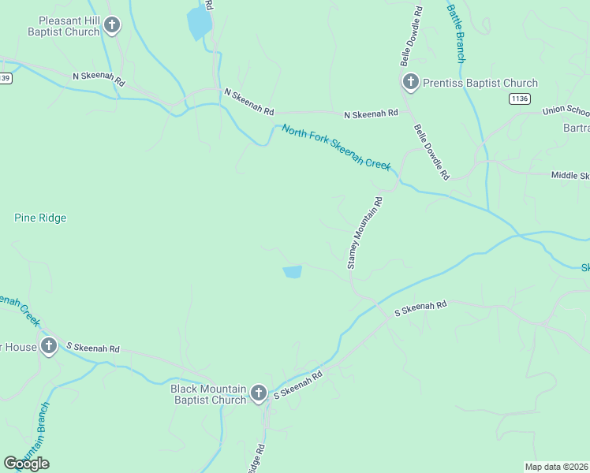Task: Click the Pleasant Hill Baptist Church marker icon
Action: tap(112, 24)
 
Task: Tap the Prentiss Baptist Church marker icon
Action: tap(410, 81)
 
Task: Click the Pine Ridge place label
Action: tap(40, 218)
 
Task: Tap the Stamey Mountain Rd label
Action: tap(364, 233)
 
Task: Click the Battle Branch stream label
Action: tap(457, 33)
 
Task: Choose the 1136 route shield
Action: tap(519, 99)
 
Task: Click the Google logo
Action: tap(26, 463)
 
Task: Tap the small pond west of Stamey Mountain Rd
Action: tap(292, 272)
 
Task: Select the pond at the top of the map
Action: tap(198, 24)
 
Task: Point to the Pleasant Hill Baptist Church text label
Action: tap(63, 26)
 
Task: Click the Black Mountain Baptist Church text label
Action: tap(209, 394)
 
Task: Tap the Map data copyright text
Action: tap(556, 467)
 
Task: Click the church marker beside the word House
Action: tap(49, 345)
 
